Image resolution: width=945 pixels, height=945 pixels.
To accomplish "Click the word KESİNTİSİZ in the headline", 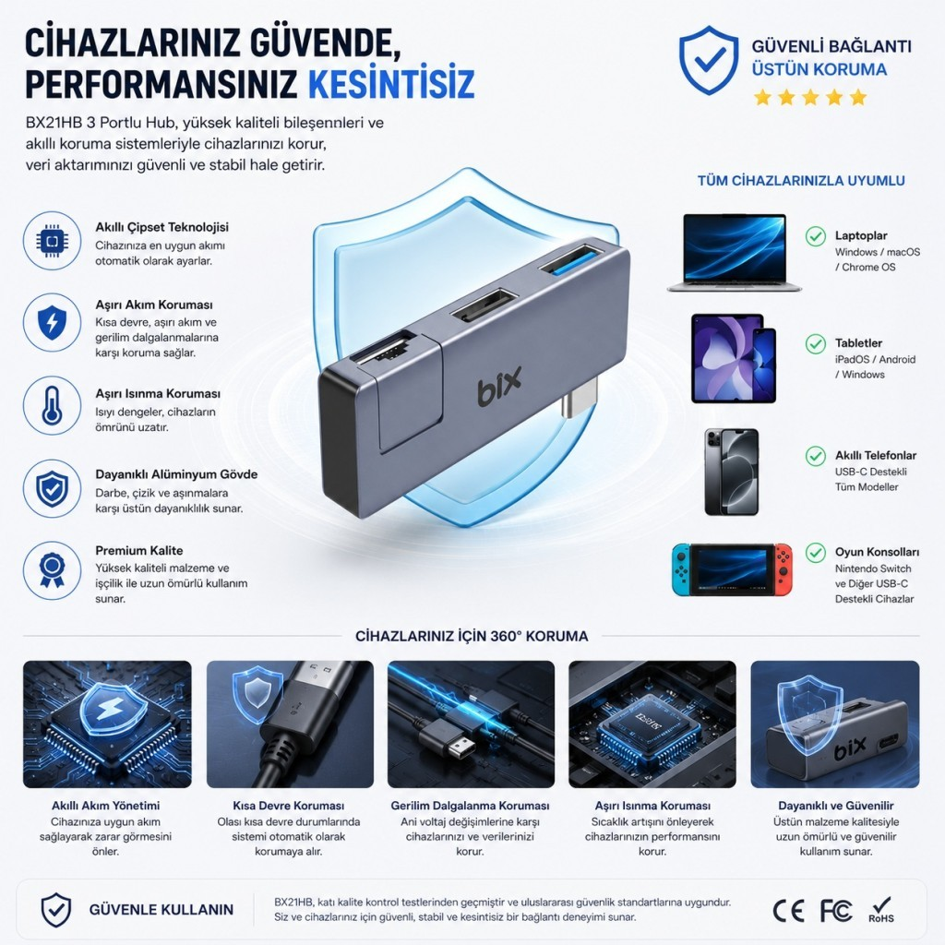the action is [x=391, y=83].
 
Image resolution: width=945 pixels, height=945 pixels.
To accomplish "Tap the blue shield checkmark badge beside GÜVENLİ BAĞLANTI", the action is [x=709, y=60].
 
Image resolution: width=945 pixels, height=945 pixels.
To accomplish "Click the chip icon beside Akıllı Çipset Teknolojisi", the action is [x=52, y=241].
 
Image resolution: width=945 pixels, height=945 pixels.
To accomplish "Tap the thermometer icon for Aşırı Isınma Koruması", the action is [x=52, y=406].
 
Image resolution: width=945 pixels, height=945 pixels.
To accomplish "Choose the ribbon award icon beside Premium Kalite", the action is [x=52, y=570].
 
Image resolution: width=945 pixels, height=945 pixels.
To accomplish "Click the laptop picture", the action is [x=734, y=253].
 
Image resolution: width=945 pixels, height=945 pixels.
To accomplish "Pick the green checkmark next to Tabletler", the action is [x=816, y=344].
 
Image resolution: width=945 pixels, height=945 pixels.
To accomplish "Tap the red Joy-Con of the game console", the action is [x=784, y=568].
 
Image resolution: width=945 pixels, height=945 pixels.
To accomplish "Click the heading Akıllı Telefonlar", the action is [x=875, y=456].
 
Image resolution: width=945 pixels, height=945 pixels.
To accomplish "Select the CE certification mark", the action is [x=788, y=911].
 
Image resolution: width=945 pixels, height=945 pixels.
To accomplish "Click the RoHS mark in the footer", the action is [x=881, y=910].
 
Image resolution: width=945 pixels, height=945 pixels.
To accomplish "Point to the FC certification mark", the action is [x=836, y=911].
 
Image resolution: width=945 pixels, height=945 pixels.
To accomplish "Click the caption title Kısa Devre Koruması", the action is [x=289, y=806].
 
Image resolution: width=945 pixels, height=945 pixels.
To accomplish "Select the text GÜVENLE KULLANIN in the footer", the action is [x=161, y=909].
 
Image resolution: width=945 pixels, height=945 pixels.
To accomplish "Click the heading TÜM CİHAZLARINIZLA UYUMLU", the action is [x=801, y=181].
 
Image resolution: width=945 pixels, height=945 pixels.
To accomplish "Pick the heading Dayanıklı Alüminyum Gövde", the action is [x=176, y=474].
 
